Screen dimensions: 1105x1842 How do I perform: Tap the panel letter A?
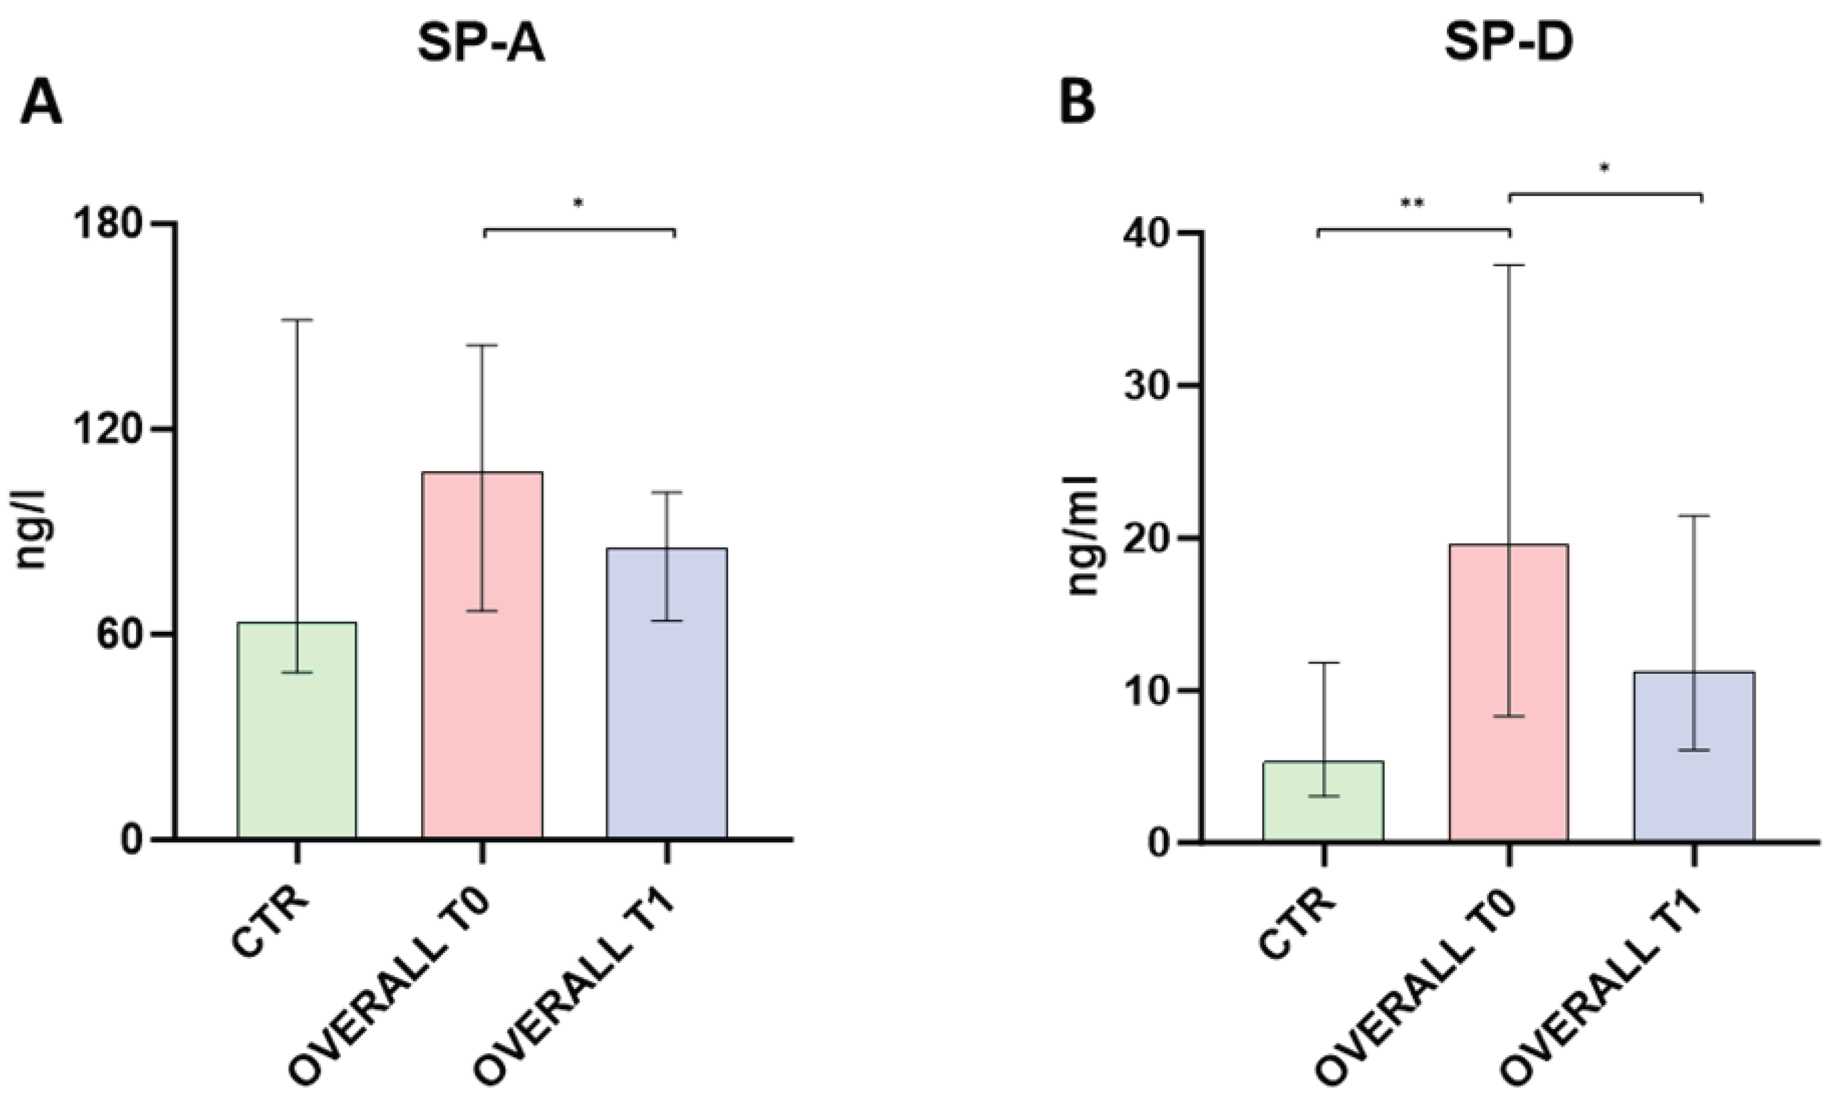pyautogui.click(x=41, y=105)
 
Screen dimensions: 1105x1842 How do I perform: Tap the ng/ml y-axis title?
pyautogui.click(x=1083, y=536)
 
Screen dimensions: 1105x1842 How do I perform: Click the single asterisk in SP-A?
pyautogui.click(x=579, y=202)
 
